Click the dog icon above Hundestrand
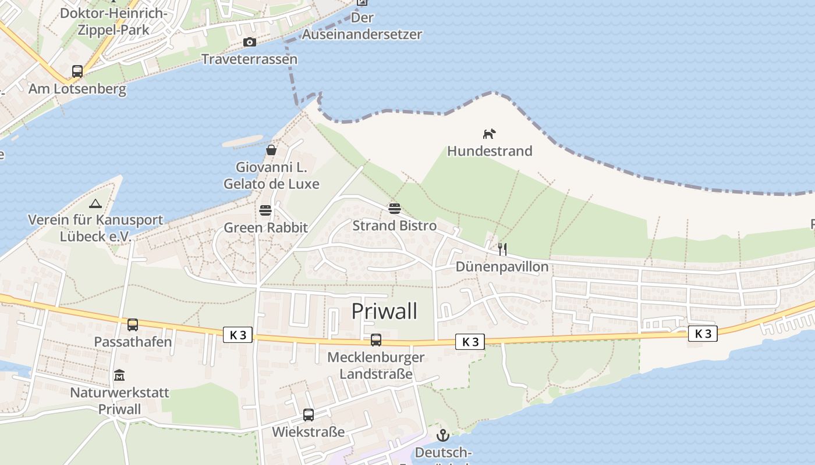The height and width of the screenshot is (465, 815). (x=489, y=134)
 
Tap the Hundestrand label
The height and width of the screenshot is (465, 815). (x=490, y=151)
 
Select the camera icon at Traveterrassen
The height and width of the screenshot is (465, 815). (x=250, y=42)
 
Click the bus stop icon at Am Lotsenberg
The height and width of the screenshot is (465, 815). (x=77, y=71)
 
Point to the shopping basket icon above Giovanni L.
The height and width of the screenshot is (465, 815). (x=271, y=150)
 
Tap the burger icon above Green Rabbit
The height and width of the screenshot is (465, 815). (x=265, y=210)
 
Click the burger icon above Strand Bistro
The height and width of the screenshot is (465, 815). (x=395, y=208)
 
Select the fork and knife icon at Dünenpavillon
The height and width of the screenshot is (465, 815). (x=502, y=249)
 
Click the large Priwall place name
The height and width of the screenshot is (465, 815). (x=384, y=312)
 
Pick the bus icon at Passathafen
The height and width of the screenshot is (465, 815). (x=133, y=325)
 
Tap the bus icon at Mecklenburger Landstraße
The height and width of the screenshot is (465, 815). (x=376, y=340)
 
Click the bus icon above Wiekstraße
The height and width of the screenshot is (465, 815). (x=309, y=415)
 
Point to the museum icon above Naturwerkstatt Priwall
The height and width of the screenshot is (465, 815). (x=119, y=375)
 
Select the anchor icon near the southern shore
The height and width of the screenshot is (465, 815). (x=444, y=435)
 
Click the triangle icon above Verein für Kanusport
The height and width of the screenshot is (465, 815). (x=95, y=203)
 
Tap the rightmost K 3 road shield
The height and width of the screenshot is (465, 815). (x=703, y=334)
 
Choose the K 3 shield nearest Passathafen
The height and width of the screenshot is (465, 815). (x=238, y=335)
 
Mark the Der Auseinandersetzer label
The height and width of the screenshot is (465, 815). (x=362, y=26)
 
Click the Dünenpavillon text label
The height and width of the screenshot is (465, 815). (x=502, y=267)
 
